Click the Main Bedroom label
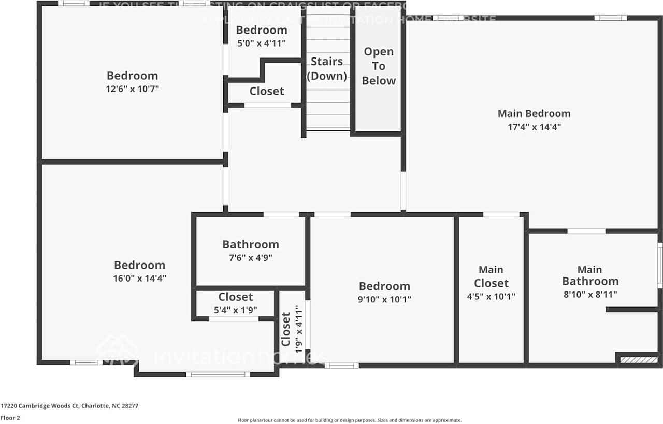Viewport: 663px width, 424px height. (534, 113)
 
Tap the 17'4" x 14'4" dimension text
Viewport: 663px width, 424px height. (534, 127)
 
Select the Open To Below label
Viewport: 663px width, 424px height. (379, 66)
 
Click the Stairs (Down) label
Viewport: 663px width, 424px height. (326, 69)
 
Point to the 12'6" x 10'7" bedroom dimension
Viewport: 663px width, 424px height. (132, 89)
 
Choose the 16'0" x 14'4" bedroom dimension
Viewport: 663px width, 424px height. (139, 279)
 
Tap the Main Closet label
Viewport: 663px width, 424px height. (491, 276)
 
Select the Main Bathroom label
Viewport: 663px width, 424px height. (590, 275)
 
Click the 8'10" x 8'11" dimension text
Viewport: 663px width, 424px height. (590, 295)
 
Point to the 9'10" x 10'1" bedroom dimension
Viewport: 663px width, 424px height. (384, 299)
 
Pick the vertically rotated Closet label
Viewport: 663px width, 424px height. (286, 329)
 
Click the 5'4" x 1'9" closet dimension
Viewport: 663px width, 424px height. (236, 310)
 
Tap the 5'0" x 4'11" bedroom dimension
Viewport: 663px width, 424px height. (262, 43)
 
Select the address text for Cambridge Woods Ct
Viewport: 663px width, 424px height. (69, 406)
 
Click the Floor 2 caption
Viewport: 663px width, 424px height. (10, 418)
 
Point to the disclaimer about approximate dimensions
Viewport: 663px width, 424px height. (349, 420)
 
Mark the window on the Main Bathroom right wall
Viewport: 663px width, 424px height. (660, 265)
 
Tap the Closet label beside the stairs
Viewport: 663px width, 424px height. (267, 91)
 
